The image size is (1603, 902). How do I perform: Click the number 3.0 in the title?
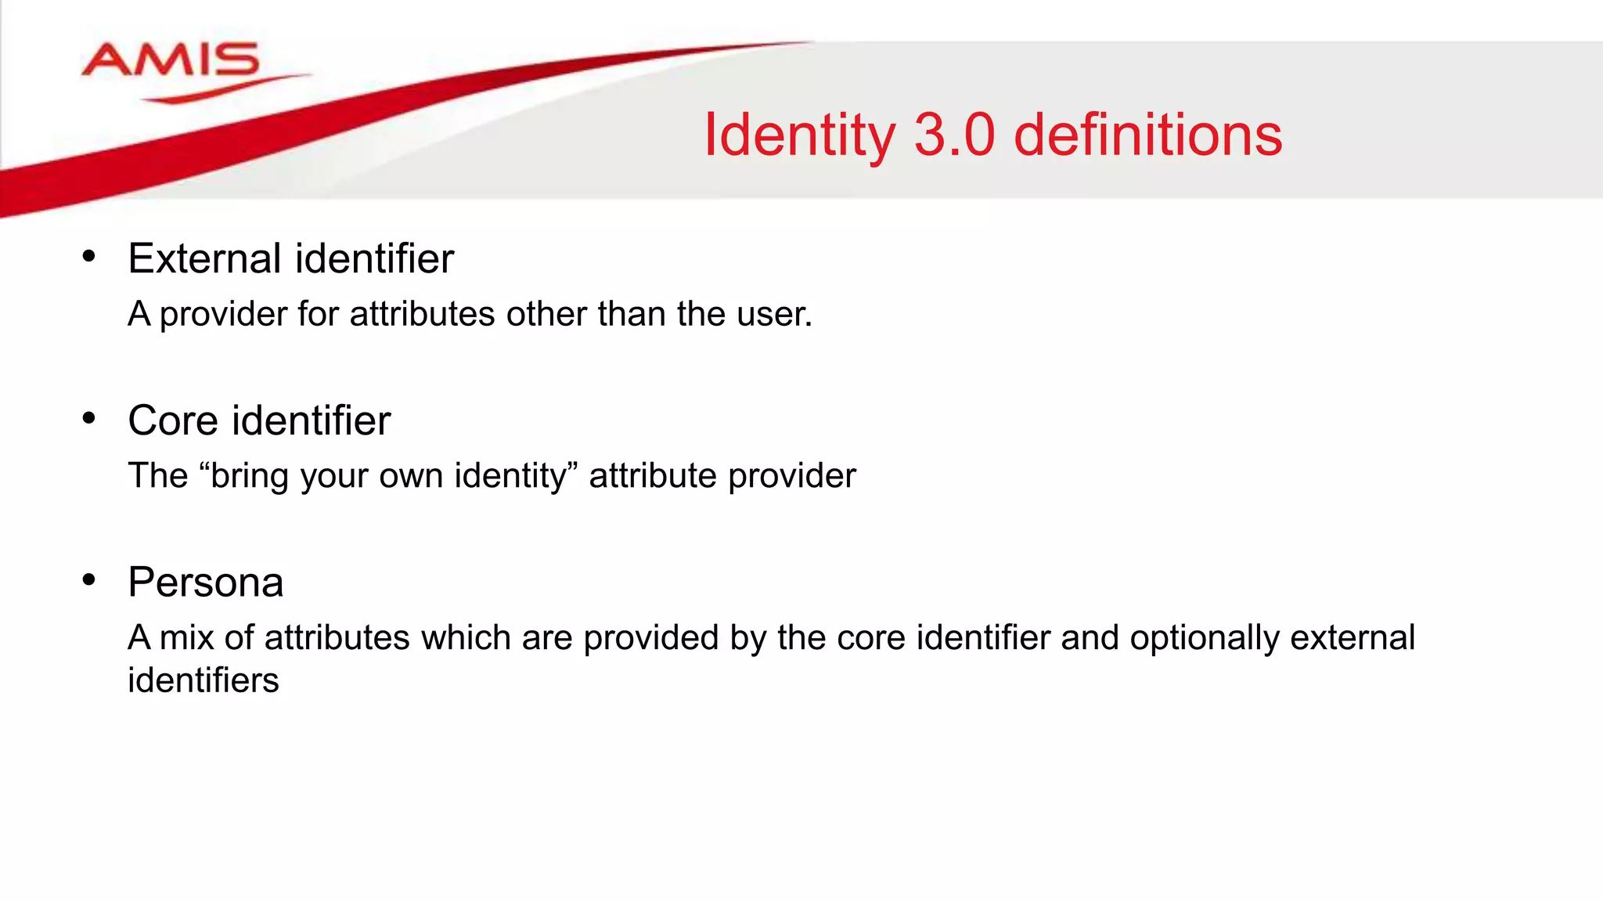(954, 135)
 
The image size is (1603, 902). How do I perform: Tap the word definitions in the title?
(1147, 135)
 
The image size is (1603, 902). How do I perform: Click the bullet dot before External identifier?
(88, 256)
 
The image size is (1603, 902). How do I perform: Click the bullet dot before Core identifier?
(88, 418)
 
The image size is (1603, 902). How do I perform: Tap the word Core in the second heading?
(173, 420)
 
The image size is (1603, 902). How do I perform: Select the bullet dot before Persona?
(88, 580)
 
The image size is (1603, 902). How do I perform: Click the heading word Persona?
(205, 583)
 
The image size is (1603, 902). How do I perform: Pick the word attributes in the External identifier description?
(422, 314)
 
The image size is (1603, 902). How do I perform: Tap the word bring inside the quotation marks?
(250, 476)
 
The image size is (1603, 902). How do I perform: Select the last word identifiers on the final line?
(203, 680)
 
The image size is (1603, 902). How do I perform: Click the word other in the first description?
(546, 314)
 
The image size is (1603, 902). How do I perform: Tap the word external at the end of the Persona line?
(1352, 637)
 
